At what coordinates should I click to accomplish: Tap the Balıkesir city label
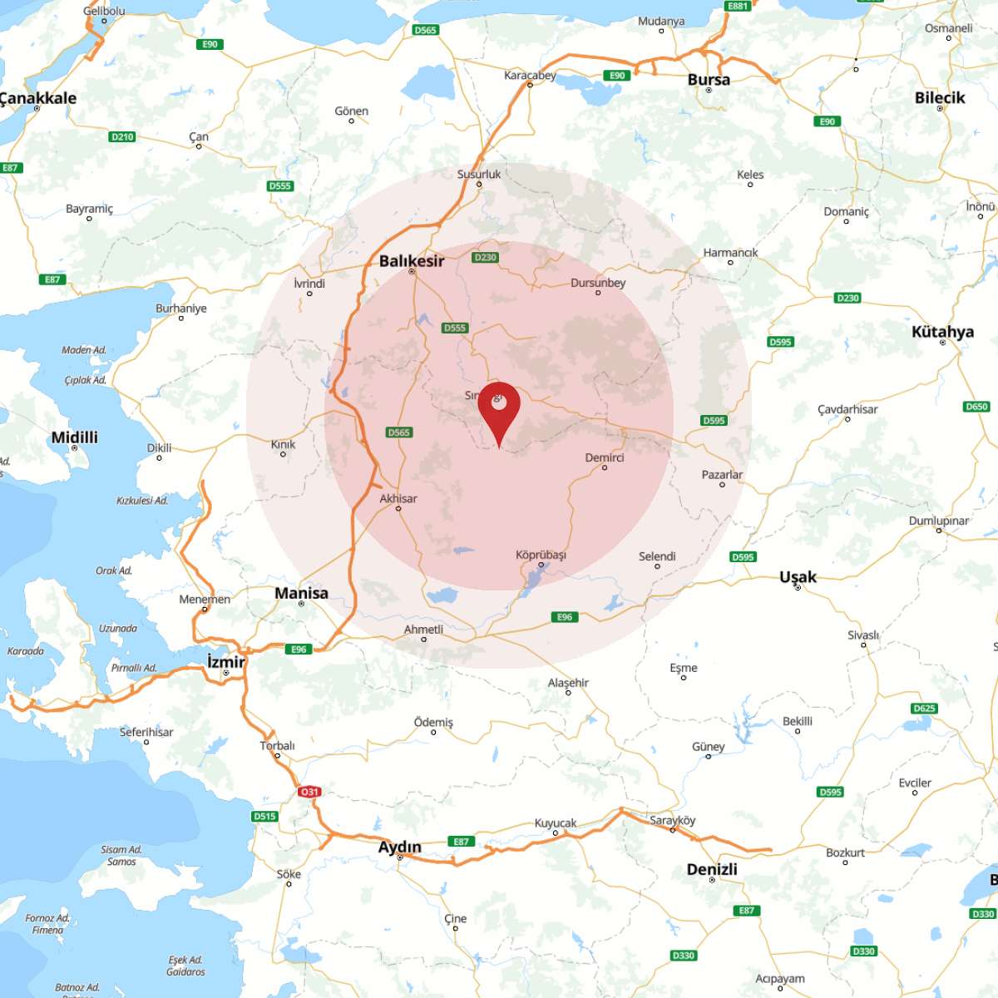click(412, 260)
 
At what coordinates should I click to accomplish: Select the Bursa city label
click(709, 80)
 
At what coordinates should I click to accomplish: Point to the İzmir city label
click(225, 661)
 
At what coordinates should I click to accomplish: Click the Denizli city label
click(712, 869)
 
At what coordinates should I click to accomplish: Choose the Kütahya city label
click(942, 331)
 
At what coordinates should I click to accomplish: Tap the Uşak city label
click(798, 576)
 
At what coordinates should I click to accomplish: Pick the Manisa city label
click(301, 593)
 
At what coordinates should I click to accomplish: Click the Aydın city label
click(400, 847)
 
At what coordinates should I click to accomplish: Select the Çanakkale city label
click(38, 97)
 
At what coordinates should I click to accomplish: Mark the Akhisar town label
click(398, 498)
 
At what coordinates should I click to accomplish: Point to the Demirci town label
click(605, 457)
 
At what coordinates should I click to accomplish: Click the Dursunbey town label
click(598, 283)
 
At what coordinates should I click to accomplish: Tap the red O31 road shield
click(309, 792)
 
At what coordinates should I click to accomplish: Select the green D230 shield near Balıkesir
click(485, 257)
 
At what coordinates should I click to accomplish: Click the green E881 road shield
click(738, 6)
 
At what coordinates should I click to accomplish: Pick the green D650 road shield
click(976, 407)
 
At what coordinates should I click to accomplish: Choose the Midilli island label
click(75, 437)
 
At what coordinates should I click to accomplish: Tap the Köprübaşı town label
click(541, 554)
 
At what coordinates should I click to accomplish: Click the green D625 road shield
click(924, 709)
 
